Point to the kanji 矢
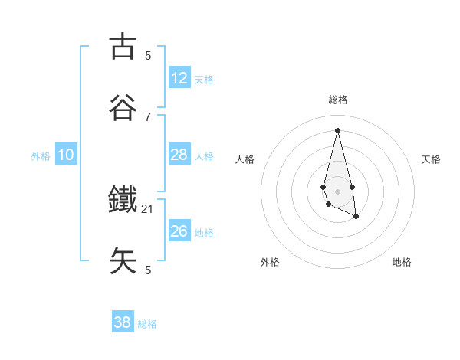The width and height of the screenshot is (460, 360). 123,260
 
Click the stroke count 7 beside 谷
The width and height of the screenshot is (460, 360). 148,116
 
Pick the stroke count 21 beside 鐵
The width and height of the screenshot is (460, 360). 148,208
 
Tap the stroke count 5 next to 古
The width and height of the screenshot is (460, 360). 148,55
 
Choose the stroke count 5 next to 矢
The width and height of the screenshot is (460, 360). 148,270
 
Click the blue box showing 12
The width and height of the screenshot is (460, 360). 179,78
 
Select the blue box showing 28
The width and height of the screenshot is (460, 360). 179,155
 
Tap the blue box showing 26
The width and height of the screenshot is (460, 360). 179,231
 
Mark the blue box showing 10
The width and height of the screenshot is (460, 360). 66,155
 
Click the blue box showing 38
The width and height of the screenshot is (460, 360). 123,322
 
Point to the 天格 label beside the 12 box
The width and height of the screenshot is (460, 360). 204,79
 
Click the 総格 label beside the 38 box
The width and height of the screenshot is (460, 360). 147,323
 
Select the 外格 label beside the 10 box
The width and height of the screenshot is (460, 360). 41,155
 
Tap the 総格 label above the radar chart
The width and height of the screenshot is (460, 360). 338,100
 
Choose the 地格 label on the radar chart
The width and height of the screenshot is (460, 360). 402,262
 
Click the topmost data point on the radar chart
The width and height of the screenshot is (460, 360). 337,130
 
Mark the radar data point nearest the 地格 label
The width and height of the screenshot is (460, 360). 356,217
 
